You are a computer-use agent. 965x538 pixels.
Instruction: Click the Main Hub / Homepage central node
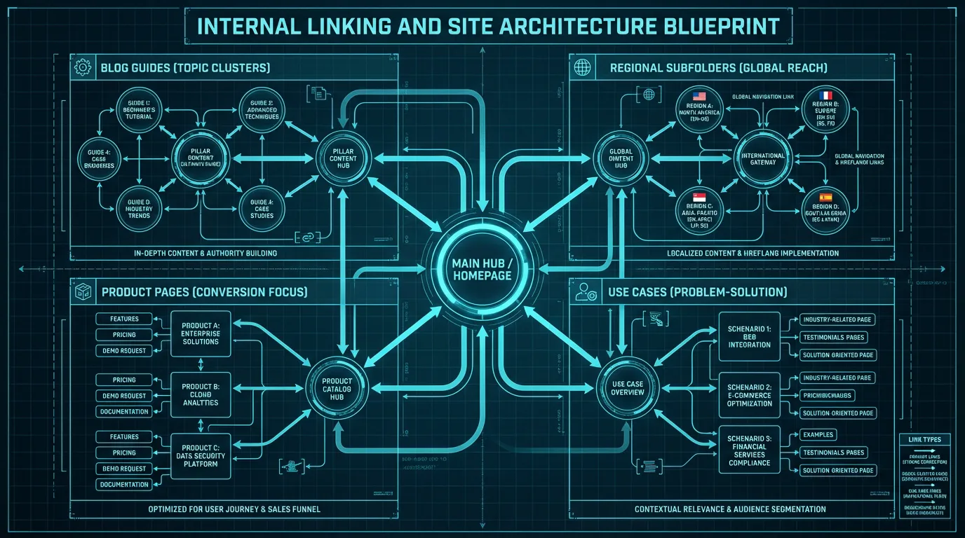pos(483,268)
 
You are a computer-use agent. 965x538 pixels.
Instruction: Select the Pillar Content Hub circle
pos(343,158)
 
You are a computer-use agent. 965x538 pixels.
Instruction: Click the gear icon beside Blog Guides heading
pos(83,68)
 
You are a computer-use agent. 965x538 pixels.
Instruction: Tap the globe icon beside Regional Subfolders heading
pos(581,68)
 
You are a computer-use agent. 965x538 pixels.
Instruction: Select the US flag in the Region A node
pos(698,97)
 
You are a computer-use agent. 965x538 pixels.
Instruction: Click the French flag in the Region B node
pos(825,95)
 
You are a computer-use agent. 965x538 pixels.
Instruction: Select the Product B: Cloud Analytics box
pos(201,394)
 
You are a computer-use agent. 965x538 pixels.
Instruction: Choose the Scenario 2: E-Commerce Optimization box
pos(750,395)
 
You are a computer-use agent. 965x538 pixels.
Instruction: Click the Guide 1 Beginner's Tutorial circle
pos(139,109)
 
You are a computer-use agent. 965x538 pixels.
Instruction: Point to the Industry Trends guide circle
pos(139,208)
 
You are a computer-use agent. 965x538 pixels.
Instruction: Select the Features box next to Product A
pos(124,319)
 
